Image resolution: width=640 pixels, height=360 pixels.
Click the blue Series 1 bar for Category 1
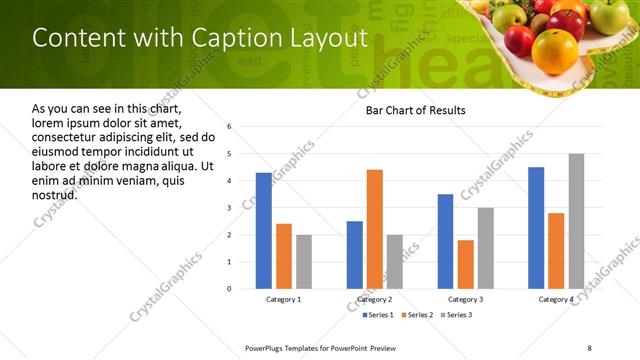coord(263,230)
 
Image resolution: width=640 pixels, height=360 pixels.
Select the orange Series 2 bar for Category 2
coord(375,229)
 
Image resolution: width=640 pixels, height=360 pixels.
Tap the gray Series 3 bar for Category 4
coord(576,221)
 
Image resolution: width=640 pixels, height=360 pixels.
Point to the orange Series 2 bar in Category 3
coord(465,264)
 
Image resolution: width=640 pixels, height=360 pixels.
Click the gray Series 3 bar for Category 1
coord(303,261)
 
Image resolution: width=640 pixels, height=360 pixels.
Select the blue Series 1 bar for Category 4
coord(536,227)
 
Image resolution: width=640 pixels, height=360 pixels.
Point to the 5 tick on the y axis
coord(229,154)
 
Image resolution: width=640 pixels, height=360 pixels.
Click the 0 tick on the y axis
coord(229,289)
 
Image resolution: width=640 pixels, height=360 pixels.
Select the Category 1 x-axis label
coord(283,300)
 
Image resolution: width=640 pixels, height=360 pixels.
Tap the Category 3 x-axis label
coord(465,300)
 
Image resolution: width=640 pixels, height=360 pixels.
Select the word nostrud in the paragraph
coord(54,194)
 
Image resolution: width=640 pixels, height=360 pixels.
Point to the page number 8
coord(589,347)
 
